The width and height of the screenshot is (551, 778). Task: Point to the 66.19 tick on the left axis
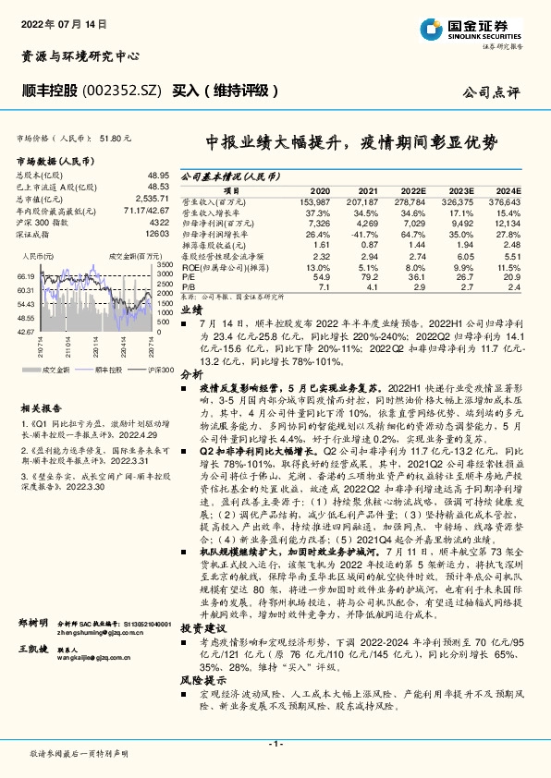pyautogui.click(x=25, y=276)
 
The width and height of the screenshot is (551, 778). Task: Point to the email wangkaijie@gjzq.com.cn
pyautogui.click(x=77, y=659)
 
